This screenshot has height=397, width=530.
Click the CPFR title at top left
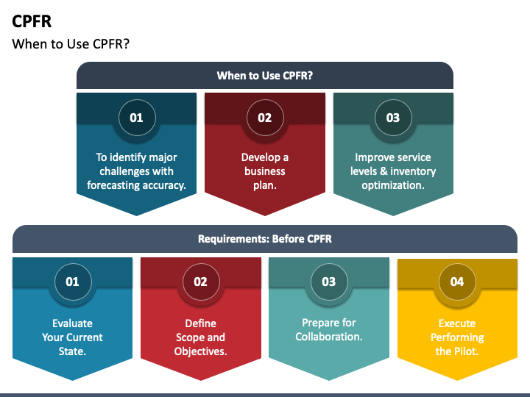click(32, 21)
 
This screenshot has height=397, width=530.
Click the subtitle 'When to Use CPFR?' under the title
click(71, 44)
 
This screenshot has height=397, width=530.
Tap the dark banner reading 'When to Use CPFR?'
click(264, 75)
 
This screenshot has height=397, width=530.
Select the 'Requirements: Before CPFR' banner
click(264, 239)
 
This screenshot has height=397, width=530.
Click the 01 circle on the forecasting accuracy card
click(137, 118)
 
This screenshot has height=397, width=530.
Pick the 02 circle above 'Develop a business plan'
click(264, 118)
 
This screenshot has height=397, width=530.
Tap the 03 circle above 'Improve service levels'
click(393, 118)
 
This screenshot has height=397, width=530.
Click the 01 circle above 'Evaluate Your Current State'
click(72, 282)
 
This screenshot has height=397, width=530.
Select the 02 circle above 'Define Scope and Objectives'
click(200, 282)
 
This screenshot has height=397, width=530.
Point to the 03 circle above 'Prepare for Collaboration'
click(328, 282)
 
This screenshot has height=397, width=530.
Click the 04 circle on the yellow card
click(457, 282)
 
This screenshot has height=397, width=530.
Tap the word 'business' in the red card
click(265, 171)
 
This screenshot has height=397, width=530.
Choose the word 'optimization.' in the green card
click(393, 185)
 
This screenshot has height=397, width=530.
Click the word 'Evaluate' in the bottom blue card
click(72, 323)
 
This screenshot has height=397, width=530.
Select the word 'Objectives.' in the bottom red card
click(200, 351)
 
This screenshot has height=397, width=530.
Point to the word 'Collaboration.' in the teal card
click(329, 337)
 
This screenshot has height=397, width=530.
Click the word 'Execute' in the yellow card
click(457, 323)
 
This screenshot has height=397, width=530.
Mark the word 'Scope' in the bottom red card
click(190, 337)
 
